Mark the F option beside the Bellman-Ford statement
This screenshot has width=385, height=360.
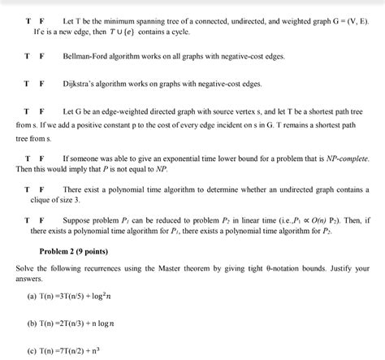click(x=42, y=58)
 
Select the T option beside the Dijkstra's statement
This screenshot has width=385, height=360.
click(x=26, y=83)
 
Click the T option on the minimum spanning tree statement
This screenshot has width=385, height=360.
click(x=26, y=18)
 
